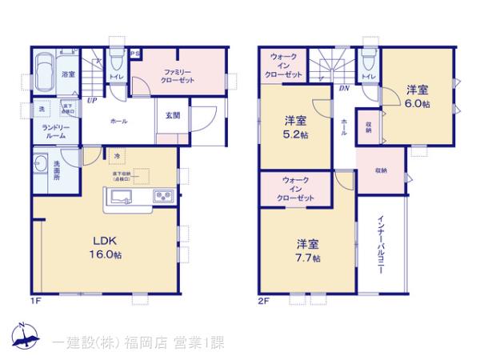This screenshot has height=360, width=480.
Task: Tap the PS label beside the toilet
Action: tap(136, 54)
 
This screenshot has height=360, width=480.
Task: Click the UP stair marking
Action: tap(92, 101)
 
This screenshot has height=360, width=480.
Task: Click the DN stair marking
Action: tap(342, 88)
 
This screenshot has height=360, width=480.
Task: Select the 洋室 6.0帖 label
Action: tap(416, 97)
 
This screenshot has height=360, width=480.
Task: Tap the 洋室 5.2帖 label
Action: tap(296, 128)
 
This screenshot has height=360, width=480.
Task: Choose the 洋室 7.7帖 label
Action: tap(307, 250)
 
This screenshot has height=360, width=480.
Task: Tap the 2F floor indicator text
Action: tap(263, 301)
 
